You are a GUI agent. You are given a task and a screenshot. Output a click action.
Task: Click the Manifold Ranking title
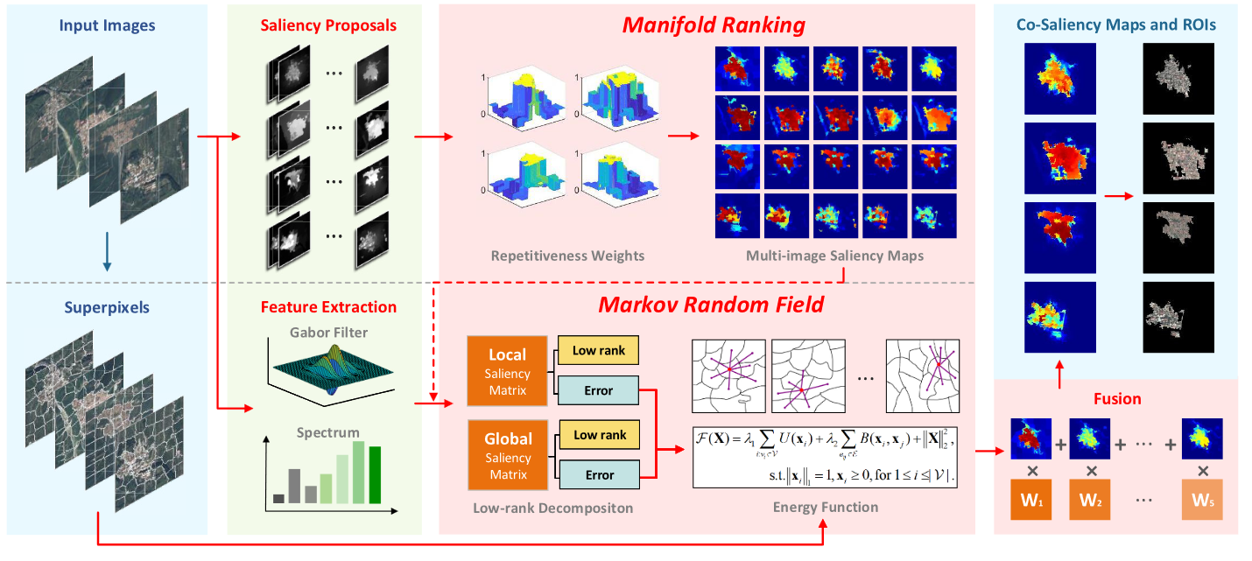(713, 25)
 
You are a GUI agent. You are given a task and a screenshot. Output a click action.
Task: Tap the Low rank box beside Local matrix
(598, 351)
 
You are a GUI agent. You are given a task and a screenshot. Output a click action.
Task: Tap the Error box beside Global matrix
(598, 475)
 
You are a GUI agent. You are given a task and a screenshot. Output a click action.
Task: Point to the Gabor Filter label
(328, 333)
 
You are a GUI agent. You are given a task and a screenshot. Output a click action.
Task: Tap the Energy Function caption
(825, 507)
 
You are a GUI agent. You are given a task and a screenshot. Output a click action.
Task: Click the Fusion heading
(1117, 398)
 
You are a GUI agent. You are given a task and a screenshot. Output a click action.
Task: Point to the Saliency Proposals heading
(328, 25)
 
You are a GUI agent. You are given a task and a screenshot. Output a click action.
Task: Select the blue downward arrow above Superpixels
(107, 249)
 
